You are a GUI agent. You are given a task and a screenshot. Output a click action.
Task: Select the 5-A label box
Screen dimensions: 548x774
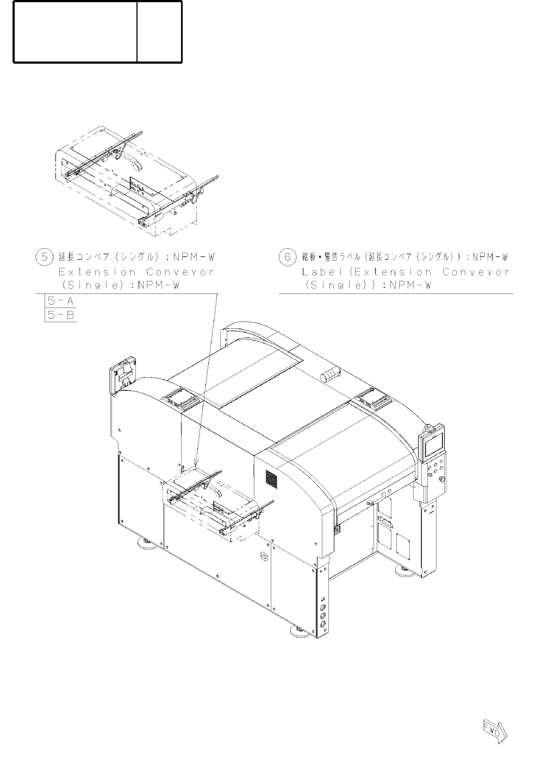tap(60, 300)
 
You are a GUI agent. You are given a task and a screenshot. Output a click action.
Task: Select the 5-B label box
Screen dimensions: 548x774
tap(60, 315)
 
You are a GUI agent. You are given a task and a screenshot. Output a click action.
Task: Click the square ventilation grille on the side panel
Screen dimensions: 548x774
tap(271, 478)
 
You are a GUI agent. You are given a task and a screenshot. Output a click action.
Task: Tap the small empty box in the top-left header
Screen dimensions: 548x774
tap(159, 32)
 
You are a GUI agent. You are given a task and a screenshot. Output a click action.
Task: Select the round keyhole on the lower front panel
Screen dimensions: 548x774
tap(264, 557)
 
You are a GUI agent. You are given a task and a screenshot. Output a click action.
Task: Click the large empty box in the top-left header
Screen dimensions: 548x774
tap(75, 32)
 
